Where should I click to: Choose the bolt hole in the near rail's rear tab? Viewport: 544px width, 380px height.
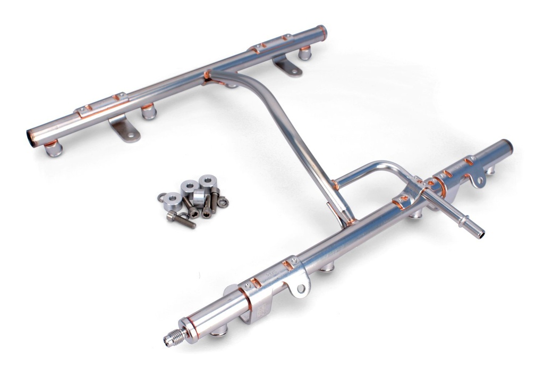(480, 180)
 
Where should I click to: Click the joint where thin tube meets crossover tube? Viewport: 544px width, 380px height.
(335, 186)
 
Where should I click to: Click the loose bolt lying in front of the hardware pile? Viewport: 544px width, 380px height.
(181, 218)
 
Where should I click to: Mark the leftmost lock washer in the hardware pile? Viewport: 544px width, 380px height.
(161, 196)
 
